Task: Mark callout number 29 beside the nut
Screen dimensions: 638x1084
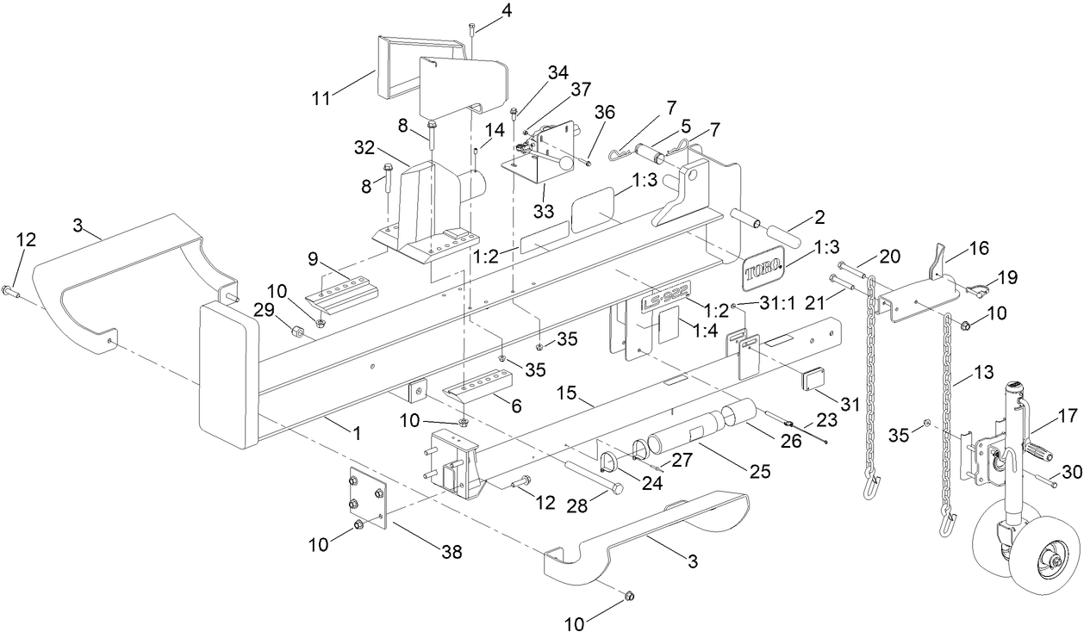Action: [x=264, y=307]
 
